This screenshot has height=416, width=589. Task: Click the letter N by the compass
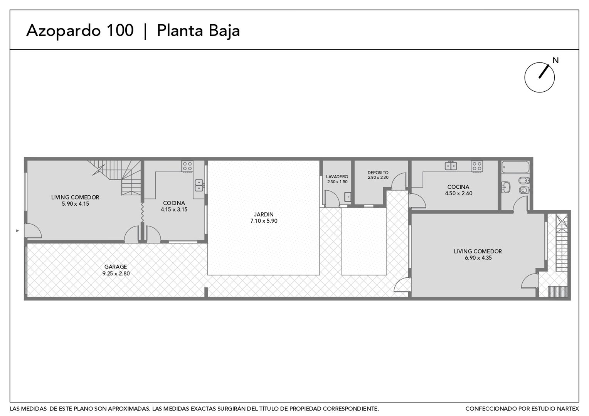pyautogui.click(x=555, y=60)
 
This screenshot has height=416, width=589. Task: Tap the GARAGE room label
pyautogui.click(x=116, y=267)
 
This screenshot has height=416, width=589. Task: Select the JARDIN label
pyautogui.click(x=264, y=215)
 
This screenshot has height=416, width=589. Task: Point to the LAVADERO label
pyautogui.click(x=337, y=176)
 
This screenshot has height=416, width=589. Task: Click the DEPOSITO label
pyautogui.click(x=378, y=173)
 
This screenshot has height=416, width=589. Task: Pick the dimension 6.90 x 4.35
pyautogui.click(x=478, y=258)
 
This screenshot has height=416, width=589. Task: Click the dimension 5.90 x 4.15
pyautogui.click(x=76, y=204)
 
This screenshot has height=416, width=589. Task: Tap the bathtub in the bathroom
pyautogui.click(x=515, y=167)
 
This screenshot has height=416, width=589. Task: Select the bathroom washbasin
pyautogui.click(x=506, y=187)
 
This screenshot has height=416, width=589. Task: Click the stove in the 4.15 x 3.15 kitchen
pyautogui.click(x=187, y=167)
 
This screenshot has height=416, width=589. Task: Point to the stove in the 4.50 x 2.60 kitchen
pyautogui.click(x=477, y=166)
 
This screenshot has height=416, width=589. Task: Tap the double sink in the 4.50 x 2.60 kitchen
pyautogui.click(x=451, y=166)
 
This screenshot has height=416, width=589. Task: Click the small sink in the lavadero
pyautogui.click(x=348, y=197)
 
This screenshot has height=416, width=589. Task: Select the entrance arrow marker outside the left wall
pyautogui.click(x=18, y=231)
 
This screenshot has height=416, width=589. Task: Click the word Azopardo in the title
pyautogui.click(x=63, y=31)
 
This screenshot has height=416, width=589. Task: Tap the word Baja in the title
pyautogui.click(x=224, y=31)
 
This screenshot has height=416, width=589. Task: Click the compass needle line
pyautogui.click(x=544, y=72)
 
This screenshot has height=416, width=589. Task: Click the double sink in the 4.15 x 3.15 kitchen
pyautogui.click(x=199, y=185)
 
